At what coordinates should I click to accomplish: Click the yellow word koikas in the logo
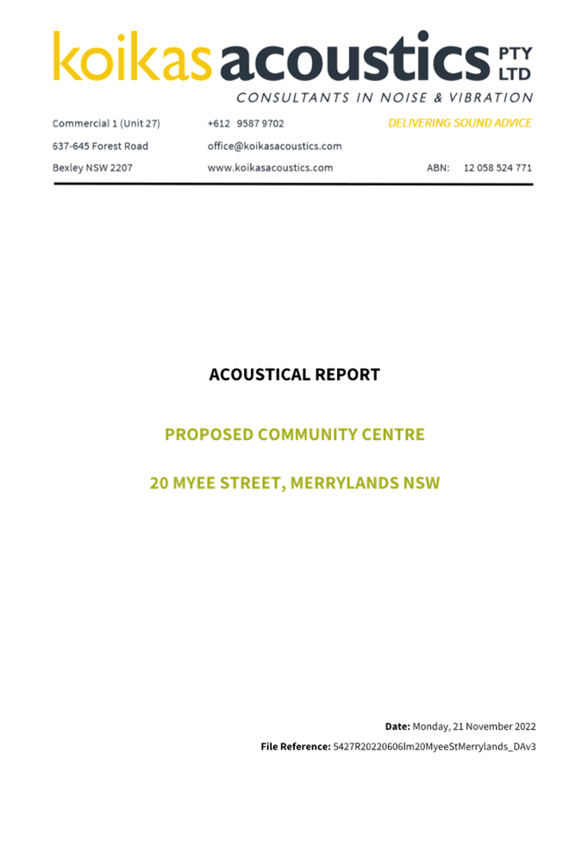point(132,57)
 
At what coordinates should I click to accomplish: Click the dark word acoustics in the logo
point(355,57)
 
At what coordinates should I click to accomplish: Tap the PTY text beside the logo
point(515,53)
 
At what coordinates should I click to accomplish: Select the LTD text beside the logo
point(515,74)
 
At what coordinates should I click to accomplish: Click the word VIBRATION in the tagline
point(491,98)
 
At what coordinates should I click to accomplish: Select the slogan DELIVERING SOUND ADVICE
point(460,123)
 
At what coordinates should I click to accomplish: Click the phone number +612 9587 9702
point(246,123)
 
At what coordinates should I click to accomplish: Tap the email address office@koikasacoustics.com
point(275,146)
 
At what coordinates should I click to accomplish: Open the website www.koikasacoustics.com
point(271,168)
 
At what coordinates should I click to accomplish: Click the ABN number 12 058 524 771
point(497,168)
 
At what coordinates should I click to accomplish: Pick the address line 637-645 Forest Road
point(100,146)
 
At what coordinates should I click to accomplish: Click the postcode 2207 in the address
point(122,168)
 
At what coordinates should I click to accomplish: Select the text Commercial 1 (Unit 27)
point(106,123)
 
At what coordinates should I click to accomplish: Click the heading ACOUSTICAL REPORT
point(294,375)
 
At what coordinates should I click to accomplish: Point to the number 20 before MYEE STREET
point(159,483)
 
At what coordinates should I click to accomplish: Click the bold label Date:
point(397,726)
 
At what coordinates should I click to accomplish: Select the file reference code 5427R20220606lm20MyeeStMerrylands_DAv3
point(435,747)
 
